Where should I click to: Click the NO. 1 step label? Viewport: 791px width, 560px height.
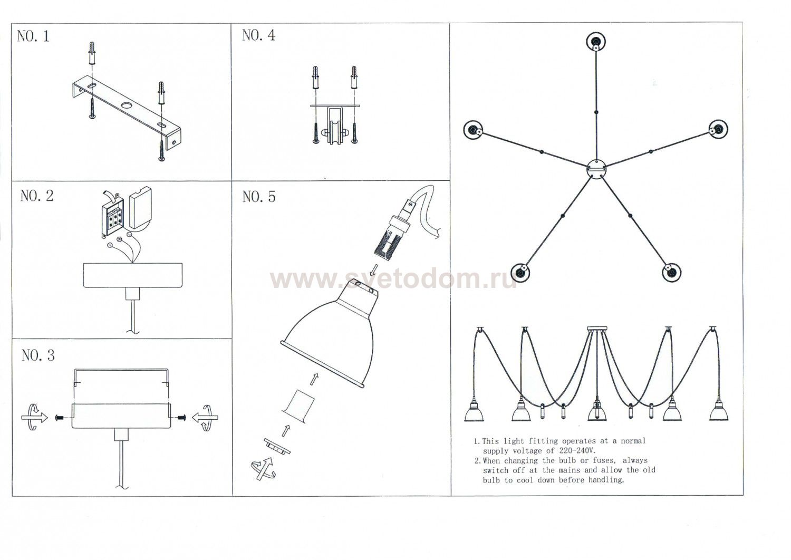pos(33,36)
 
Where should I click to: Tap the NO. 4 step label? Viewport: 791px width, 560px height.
pos(258,35)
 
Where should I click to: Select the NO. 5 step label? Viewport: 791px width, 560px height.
pos(259,197)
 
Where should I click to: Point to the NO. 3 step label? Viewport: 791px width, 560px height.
pos(38,355)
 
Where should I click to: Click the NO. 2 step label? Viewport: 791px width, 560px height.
pos(37,196)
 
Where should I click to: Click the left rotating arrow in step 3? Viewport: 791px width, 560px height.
pos(35,417)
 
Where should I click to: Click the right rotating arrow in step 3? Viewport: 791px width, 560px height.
pos(205,418)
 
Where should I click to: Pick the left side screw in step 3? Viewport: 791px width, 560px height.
pos(59,418)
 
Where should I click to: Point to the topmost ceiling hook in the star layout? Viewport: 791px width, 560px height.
pos(596,42)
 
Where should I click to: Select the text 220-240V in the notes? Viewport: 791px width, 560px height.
pos(578,451)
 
